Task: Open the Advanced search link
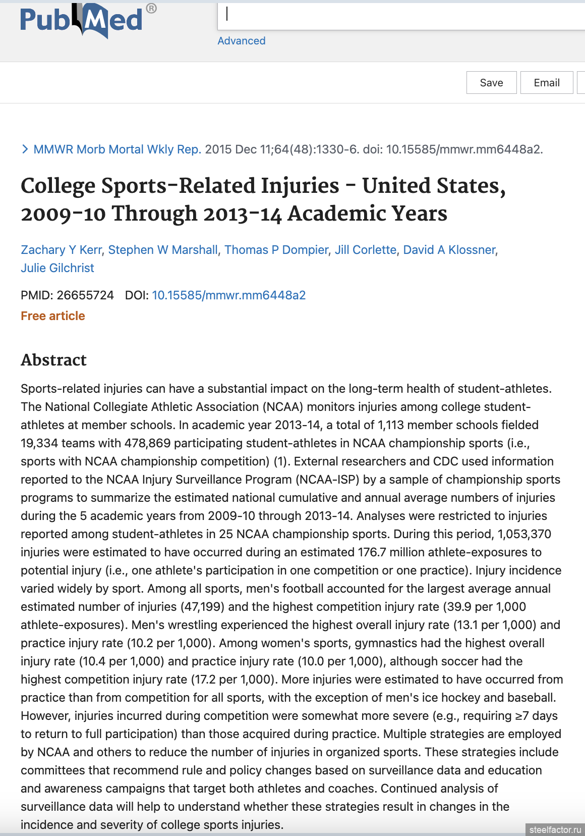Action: [x=241, y=41]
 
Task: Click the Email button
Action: [x=546, y=83]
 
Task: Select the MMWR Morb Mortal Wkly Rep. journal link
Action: [x=117, y=149]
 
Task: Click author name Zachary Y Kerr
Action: [x=61, y=250]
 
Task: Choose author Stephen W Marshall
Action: [x=163, y=250]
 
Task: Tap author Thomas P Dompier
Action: [x=276, y=250]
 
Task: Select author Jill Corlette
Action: [x=366, y=250]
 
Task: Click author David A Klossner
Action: [x=449, y=250]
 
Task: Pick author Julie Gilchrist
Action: [x=57, y=268]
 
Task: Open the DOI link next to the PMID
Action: [x=229, y=295]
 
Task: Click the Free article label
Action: [x=53, y=316]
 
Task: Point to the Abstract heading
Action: [x=54, y=360]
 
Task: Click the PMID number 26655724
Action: [x=85, y=295]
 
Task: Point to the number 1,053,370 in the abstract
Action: [x=524, y=534]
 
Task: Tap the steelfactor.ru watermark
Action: [x=555, y=829]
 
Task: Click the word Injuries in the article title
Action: [x=300, y=186]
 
